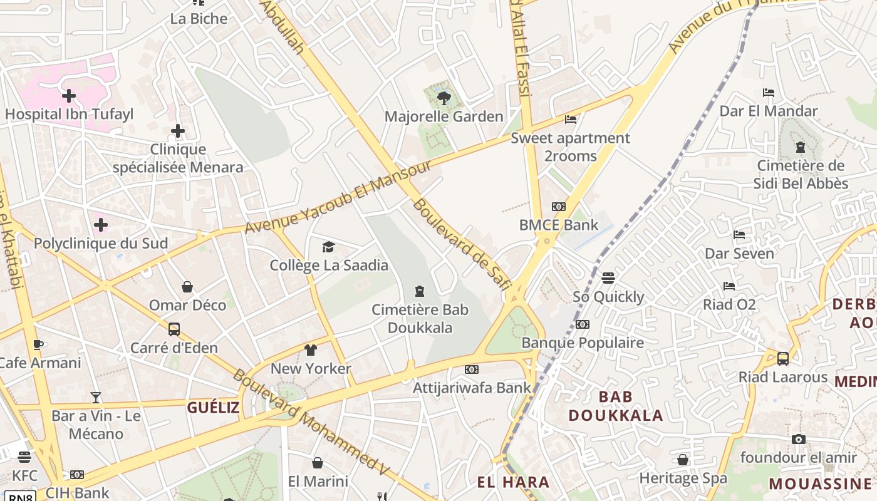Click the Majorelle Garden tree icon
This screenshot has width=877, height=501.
[444, 98]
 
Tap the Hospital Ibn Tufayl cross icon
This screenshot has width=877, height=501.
[69, 96]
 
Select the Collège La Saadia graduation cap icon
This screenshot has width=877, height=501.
[328, 247]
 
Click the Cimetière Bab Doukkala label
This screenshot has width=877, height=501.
[420, 318]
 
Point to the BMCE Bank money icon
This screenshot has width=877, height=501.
[558, 207]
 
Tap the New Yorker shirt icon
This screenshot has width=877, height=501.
[311, 349]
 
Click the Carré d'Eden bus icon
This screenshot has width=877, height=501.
[174, 329]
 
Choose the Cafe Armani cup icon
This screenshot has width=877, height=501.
[38, 344]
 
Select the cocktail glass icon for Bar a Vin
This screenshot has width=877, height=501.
[95, 397]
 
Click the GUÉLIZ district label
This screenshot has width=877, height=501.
[213, 408]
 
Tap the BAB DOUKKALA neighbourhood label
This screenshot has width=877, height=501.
[615, 406]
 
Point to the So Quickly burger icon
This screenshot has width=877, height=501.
[608, 277]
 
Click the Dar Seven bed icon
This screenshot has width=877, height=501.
[739, 235]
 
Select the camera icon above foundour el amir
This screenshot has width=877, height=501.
[798, 439]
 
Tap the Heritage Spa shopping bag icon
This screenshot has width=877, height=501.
[683, 460]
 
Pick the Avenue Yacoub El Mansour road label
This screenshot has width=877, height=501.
[338, 197]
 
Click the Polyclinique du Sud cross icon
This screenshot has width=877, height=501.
[100, 224]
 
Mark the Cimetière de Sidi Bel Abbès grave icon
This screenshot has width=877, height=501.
[800, 147]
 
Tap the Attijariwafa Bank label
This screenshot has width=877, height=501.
[472, 388]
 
